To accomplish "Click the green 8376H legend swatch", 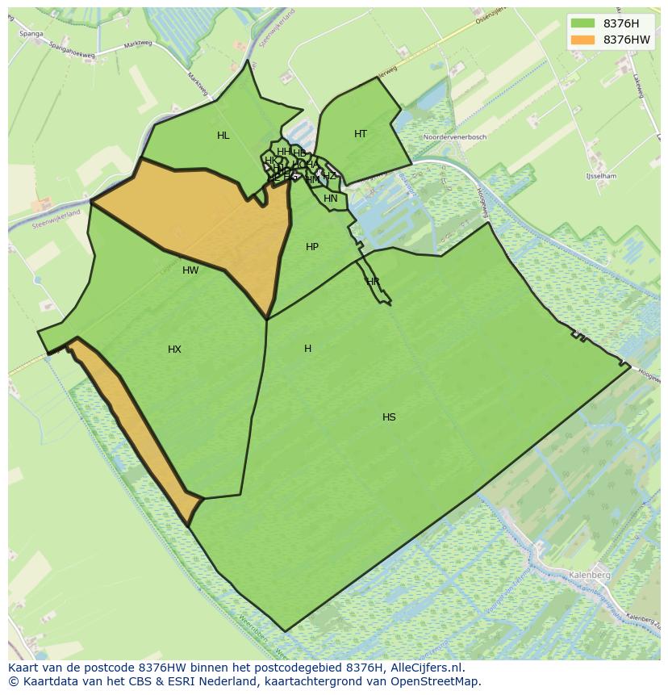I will tap(582, 23).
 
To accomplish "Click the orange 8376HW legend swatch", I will tap(582, 40).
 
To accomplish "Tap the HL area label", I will tap(223, 136).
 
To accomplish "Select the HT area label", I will tap(361, 134).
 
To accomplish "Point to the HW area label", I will tap(190, 270).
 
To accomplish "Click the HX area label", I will tap(174, 350).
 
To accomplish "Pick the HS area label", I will tap(389, 417).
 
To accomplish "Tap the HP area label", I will tap(312, 247).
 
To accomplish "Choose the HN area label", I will tap(331, 199).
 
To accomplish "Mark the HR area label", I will tap(373, 282).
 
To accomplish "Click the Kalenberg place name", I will tap(589, 575).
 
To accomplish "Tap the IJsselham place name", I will tap(602, 176).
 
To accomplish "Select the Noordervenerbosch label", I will tap(455, 137).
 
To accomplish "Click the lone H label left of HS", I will tap(307, 349).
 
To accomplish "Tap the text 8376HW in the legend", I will tap(627, 40).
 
